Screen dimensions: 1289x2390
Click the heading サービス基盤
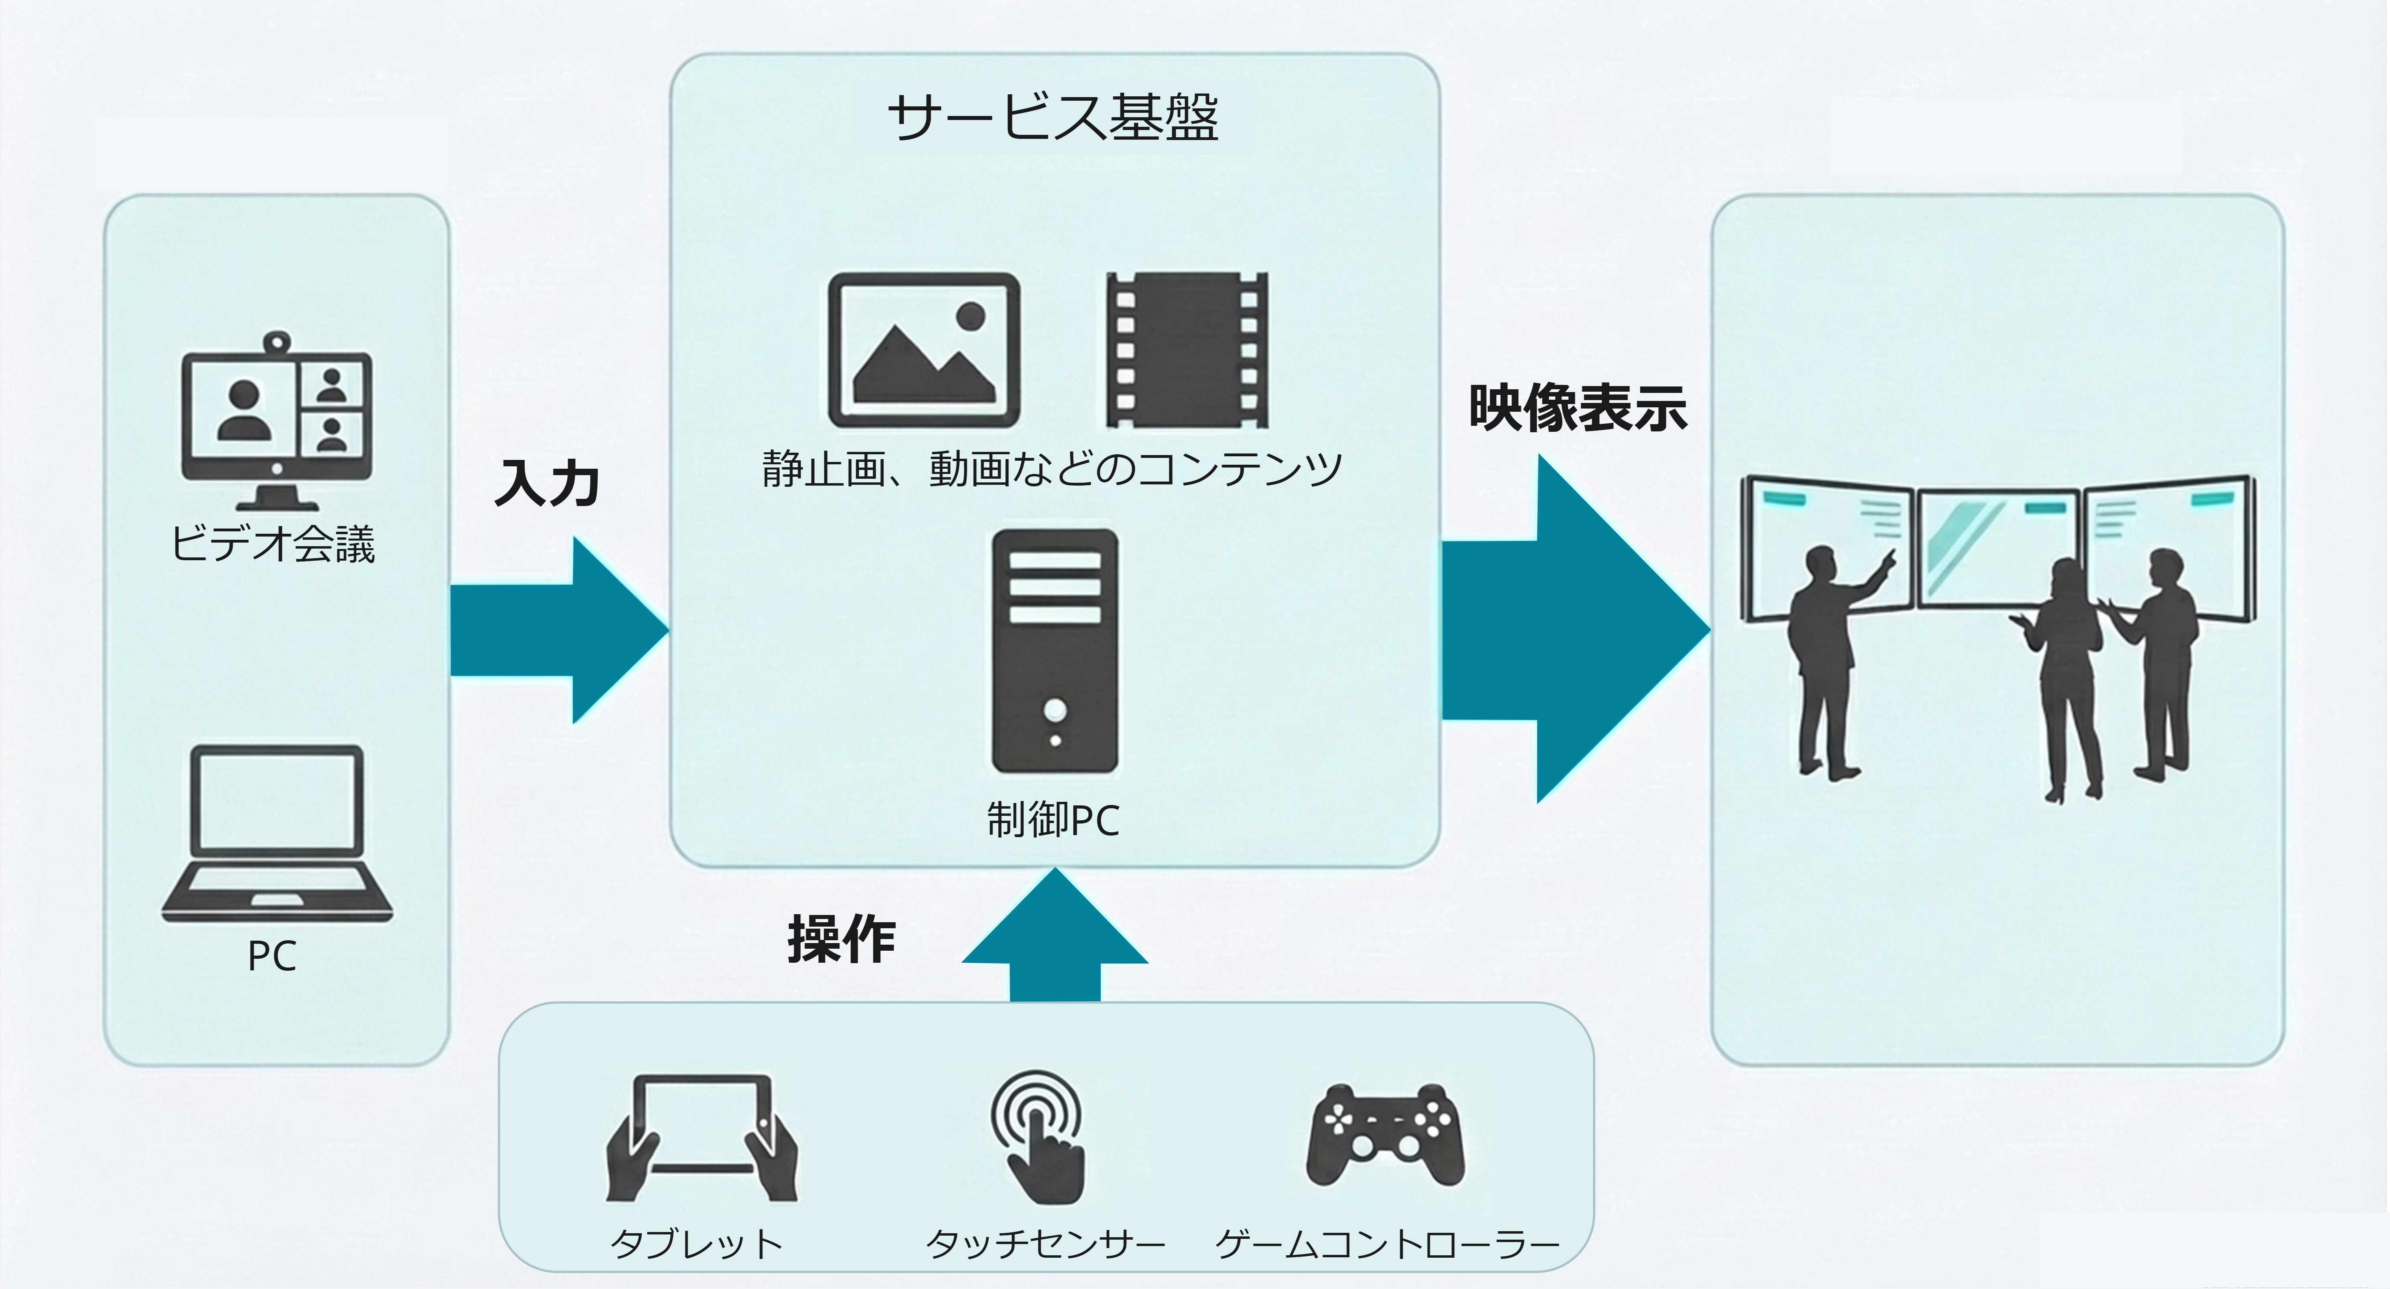[x=1053, y=118]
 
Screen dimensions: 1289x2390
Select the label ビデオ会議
[x=273, y=544]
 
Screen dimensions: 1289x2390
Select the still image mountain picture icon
[x=924, y=351]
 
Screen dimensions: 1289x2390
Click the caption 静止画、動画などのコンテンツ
[x=1051, y=470]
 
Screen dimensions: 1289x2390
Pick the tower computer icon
[x=1055, y=651]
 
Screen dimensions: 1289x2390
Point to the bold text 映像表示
[x=1577, y=408]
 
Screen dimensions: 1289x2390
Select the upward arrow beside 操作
[x=1055, y=937]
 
